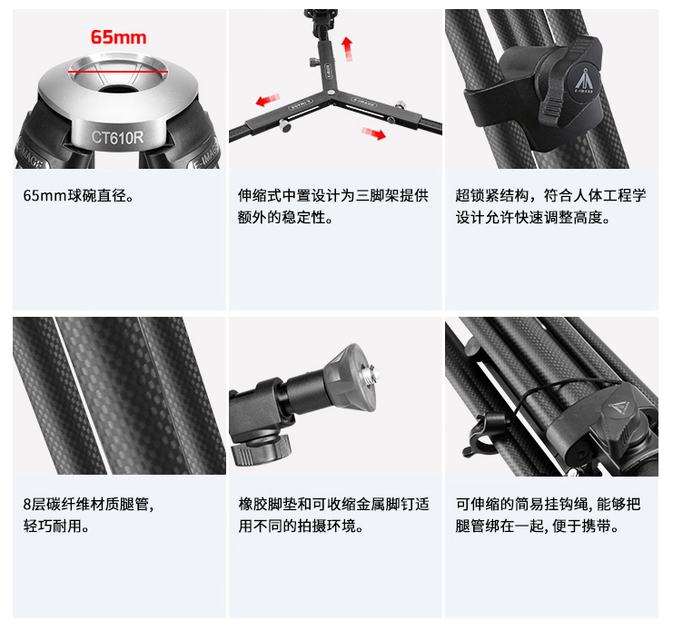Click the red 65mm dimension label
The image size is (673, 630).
[x=118, y=37]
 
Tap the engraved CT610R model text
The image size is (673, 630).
[x=118, y=137]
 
